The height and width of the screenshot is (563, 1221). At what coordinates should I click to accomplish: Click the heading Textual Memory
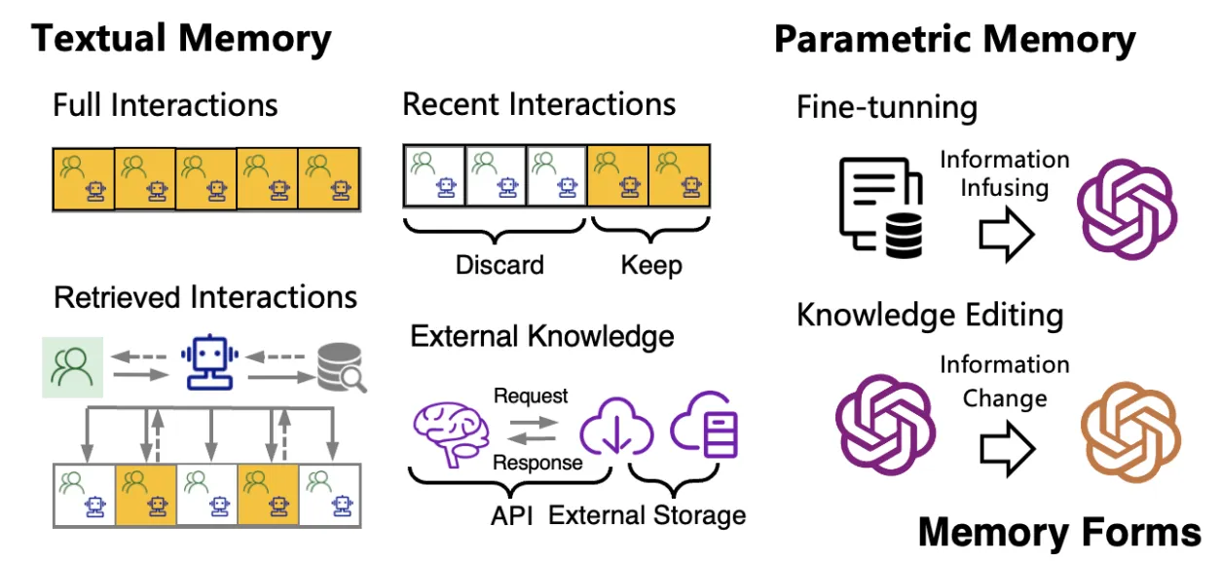[181, 39]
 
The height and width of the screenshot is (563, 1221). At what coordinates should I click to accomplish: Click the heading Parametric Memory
[954, 40]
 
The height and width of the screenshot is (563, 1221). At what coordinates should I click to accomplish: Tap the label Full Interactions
[165, 104]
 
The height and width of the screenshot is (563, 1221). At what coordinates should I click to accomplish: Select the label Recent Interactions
[538, 104]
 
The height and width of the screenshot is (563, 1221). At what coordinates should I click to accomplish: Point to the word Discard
[499, 264]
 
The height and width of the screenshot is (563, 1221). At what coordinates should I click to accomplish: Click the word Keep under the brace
[651, 264]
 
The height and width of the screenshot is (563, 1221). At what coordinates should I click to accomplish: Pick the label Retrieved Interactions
[205, 297]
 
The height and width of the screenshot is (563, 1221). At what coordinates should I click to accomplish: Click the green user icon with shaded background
[73, 367]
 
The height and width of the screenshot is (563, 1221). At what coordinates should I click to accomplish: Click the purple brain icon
[450, 431]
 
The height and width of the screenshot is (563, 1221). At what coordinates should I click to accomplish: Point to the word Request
[531, 396]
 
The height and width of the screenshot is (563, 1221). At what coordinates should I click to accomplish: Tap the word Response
[537, 463]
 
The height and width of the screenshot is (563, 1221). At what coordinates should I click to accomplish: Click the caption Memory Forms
[1059, 533]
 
